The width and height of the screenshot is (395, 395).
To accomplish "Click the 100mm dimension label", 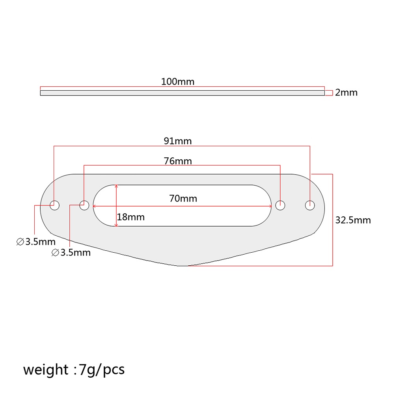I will pyautogui.click(x=178, y=82).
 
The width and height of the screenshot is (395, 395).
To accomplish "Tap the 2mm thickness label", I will pyautogui.click(x=346, y=93).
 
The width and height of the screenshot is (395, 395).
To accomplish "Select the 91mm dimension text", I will pyautogui.click(x=177, y=141).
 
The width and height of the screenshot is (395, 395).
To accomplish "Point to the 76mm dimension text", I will pyautogui.click(x=178, y=161).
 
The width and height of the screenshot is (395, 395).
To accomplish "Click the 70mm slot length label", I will pyautogui.click(x=183, y=199).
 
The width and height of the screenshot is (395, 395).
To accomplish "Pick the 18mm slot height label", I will pyautogui.click(x=131, y=217).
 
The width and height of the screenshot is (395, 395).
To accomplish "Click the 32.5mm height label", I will pyautogui.click(x=353, y=220).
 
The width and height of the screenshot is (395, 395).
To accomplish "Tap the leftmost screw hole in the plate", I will pyautogui.click(x=54, y=205).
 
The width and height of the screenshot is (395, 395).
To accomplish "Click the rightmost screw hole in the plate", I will pyautogui.click(x=310, y=205).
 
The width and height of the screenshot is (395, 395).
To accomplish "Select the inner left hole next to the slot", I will pyautogui.click(x=84, y=205).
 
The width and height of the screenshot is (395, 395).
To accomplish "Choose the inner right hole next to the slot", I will pyautogui.click(x=280, y=205).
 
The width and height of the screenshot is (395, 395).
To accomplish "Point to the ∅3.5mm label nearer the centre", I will pyautogui.click(x=71, y=253).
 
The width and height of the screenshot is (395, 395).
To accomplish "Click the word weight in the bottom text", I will pyautogui.click(x=45, y=369).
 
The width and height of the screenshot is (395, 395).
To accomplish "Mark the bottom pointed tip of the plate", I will pyautogui.click(x=182, y=265).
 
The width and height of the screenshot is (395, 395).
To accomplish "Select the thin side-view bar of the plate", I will pyautogui.click(x=182, y=93).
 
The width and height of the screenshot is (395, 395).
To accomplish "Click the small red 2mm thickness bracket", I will pyautogui.click(x=329, y=93).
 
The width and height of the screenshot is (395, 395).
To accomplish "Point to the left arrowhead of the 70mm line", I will pyautogui.click(x=95, y=205).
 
